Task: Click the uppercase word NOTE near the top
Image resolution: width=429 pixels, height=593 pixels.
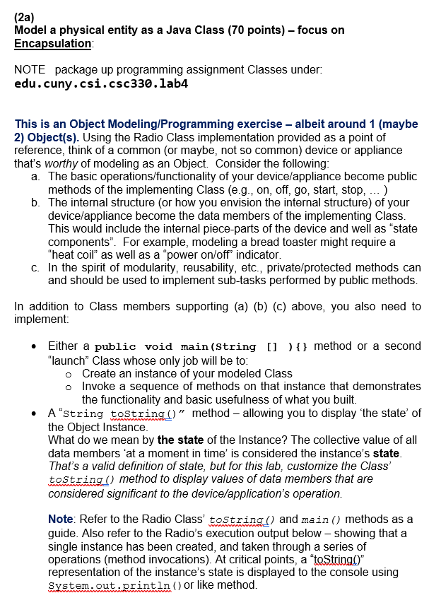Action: (30, 70)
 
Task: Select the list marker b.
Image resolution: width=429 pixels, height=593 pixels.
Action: (35, 203)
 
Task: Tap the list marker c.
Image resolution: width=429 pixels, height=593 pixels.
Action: (35, 268)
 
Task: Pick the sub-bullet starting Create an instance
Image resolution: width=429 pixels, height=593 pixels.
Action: (187, 372)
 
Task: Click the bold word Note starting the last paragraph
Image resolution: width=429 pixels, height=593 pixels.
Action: (61, 519)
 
